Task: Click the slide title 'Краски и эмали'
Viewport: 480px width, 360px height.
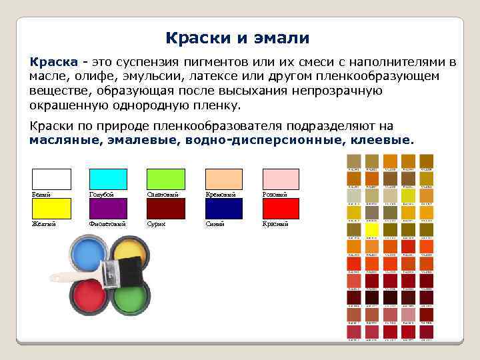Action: click(x=237, y=38)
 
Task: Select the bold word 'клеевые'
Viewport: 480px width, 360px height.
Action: click(x=385, y=140)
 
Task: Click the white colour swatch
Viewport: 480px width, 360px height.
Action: click(x=51, y=179)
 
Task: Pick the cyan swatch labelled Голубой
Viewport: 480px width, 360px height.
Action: click(x=109, y=179)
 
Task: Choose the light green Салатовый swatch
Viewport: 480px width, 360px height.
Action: click(x=166, y=179)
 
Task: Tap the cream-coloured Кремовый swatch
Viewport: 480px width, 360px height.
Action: click(x=223, y=179)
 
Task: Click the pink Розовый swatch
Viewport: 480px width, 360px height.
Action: click(x=281, y=179)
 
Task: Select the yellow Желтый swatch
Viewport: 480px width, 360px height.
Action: click(x=51, y=209)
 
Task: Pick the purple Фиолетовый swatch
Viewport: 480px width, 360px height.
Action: click(x=109, y=209)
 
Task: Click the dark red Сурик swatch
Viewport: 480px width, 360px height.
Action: click(x=166, y=209)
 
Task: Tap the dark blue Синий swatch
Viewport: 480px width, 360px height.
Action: click(x=223, y=209)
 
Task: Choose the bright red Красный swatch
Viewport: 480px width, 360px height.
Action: click(x=281, y=209)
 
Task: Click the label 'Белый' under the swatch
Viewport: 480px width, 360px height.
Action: click(x=41, y=195)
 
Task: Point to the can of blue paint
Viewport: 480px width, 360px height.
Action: click(x=89, y=257)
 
